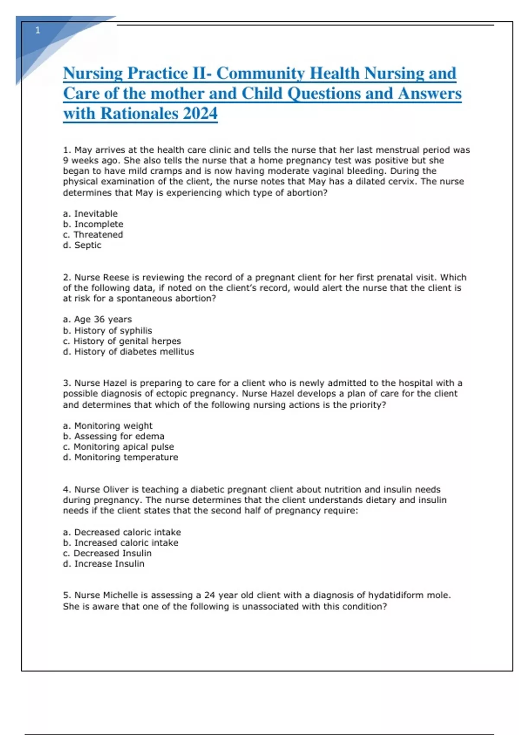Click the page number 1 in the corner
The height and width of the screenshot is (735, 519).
pyautogui.click(x=38, y=30)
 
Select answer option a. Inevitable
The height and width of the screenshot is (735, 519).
pyautogui.click(x=90, y=214)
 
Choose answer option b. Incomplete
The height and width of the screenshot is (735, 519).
pyautogui.click(x=93, y=224)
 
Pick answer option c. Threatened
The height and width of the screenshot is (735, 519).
pyautogui.click(x=93, y=234)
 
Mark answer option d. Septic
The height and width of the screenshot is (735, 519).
pyautogui.click(x=82, y=245)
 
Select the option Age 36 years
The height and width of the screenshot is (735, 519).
pyautogui.click(x=97, y=320)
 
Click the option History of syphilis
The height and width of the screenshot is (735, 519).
pyautogui.click(x=107, y=330)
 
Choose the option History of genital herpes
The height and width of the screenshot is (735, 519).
pyautogui.click(x=122, y=341)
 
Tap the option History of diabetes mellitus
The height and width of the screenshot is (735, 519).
pyautogui.click(x=128, y=352)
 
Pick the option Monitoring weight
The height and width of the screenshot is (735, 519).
pyautogui.click(x=108, y=426)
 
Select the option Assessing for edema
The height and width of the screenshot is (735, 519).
pyautogui.click(x=113, y=436)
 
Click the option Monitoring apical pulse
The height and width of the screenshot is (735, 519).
pyautogui.click(x=119, y=447)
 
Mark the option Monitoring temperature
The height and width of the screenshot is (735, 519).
pyautogui.click(x=120, y=457)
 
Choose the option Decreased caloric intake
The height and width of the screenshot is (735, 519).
pyautogui.click(x=122, y=532)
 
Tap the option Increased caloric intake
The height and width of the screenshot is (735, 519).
pyautogui.click(x=120, y=543)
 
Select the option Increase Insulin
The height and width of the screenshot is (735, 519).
pyautogui.click(x=104, y=564)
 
